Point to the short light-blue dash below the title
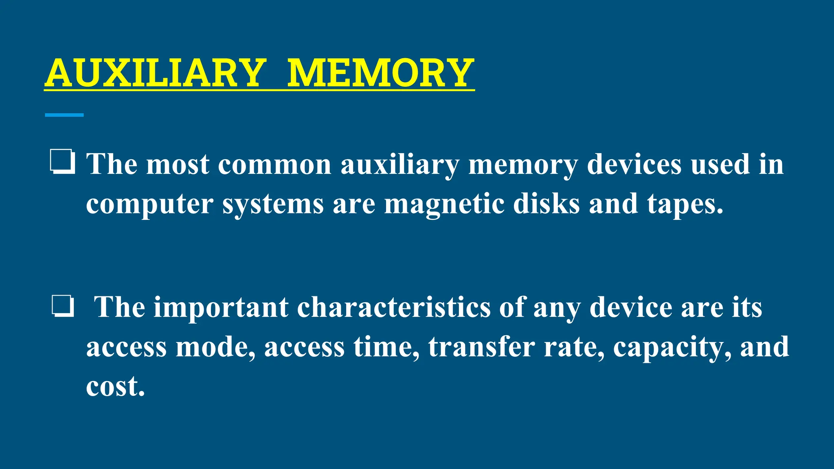click(64, 115)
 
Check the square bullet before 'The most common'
click(62, 162)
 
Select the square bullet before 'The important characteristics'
click(63, 307)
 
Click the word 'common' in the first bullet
click(275, 164)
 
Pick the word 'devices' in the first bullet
click(634, 164)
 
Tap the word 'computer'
click(149, 204)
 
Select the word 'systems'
click(273, 204)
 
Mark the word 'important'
click(221, 307)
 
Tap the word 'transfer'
click(481, 347)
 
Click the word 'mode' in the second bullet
click(216, 347)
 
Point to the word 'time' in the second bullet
click(386, 347)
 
